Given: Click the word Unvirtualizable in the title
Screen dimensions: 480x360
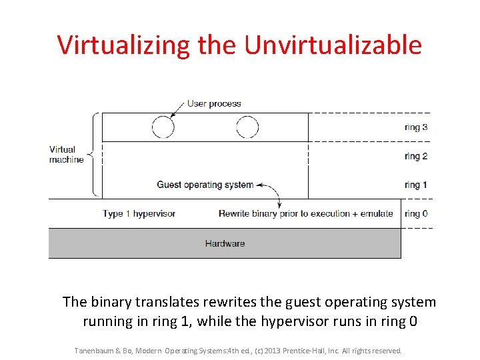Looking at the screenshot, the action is tap(333, 45).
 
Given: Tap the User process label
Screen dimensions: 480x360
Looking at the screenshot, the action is tap(214, 103).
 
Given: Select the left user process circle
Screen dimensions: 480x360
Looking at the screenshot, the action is tap(163, 127).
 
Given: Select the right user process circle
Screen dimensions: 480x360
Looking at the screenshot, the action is tap(247, 127).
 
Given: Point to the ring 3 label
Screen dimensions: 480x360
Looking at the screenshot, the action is tap(416, 127).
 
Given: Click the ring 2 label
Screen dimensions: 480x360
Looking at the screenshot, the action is tap(416, 156).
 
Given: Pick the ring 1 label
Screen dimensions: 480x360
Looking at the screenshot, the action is tap(416, 185).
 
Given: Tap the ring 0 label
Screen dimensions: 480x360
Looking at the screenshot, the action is tap(416, 213).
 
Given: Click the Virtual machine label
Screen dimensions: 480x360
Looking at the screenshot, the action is tap(66, 155).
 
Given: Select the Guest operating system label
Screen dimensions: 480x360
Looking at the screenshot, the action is tap(205, 185).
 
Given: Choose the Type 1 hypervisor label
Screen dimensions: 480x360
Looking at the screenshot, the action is tap(139, 213).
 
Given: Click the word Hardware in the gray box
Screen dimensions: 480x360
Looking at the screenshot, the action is tap(225, 243).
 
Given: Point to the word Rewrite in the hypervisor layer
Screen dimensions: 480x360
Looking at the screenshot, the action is tap(235, 213).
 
